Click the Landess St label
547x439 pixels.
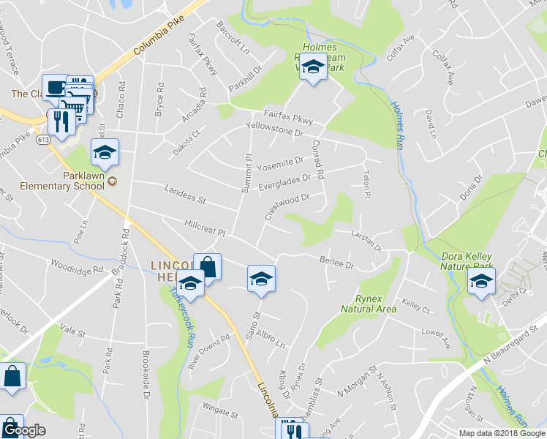(185, 195)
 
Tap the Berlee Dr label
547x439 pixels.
(337, 262)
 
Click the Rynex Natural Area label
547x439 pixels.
(369, 304)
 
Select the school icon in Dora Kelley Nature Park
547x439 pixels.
(481, 282)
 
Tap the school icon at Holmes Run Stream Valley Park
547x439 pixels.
(314, 68)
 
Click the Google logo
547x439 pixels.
(23, 431)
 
